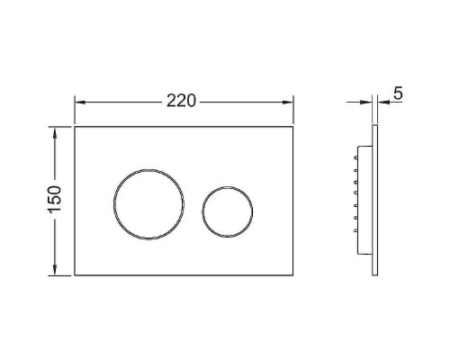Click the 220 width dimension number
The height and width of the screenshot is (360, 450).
(181, 101)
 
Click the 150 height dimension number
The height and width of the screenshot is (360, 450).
(55, 199)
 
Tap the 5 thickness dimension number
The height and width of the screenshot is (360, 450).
(398, 93)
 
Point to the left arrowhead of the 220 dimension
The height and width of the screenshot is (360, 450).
(80, 103)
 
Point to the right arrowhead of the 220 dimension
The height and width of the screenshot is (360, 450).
(288, 103)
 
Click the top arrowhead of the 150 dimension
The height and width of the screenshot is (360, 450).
(55, 132)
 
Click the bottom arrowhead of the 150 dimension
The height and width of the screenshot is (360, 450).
(55, 269)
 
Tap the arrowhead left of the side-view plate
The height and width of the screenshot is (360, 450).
(367, 103)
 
